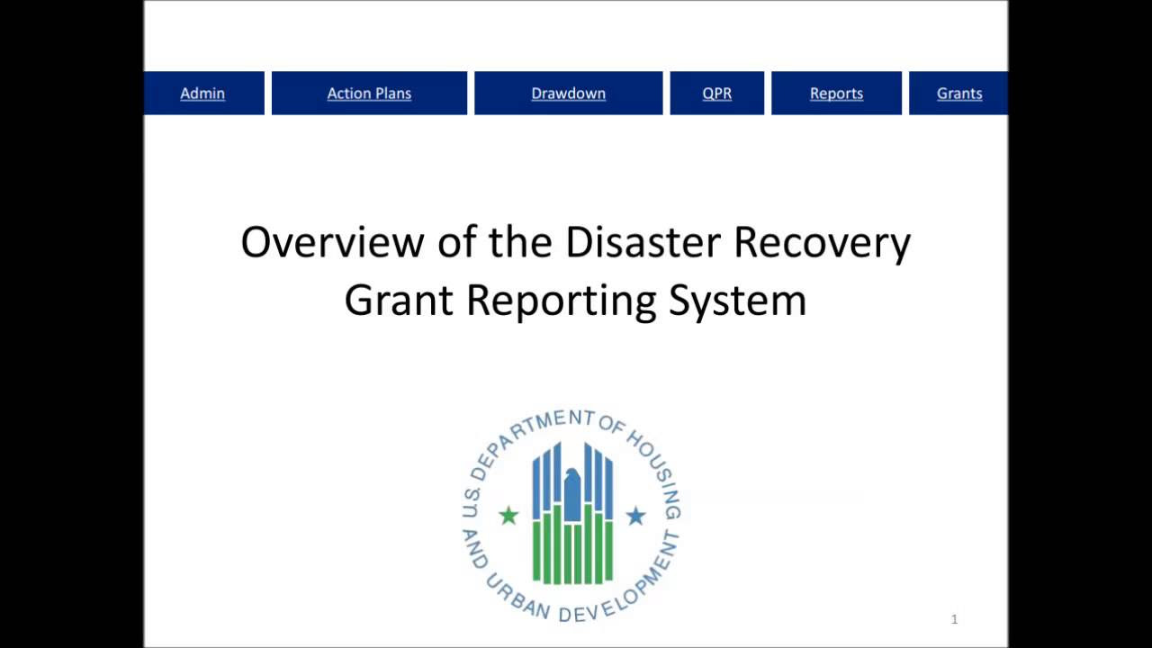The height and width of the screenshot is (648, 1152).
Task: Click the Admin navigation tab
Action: click(x=203, y=93)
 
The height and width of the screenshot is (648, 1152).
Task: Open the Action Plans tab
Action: click(x=369, y=93)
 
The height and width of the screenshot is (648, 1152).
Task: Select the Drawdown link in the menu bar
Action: click(x=568, y=93)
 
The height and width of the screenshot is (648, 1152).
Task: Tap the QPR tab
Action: click(x=717, y=93)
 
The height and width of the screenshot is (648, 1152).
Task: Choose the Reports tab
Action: click(x=836, y=93)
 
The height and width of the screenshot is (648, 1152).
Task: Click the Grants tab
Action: click(x=958, y=93)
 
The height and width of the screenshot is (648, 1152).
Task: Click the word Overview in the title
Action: click(x=333, y=242)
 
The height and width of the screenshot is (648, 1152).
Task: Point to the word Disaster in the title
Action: click(x=643, y=242)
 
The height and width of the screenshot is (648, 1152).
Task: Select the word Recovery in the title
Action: click(x=822, y=244)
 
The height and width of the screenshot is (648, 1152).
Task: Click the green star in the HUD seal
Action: click(x=508, y=516)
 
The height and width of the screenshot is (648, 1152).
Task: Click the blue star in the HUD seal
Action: click(x=635, y=516)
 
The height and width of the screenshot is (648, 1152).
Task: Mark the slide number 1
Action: click(x=955, y=619)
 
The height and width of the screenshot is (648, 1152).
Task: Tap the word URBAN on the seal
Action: click(x=516, y=596)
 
